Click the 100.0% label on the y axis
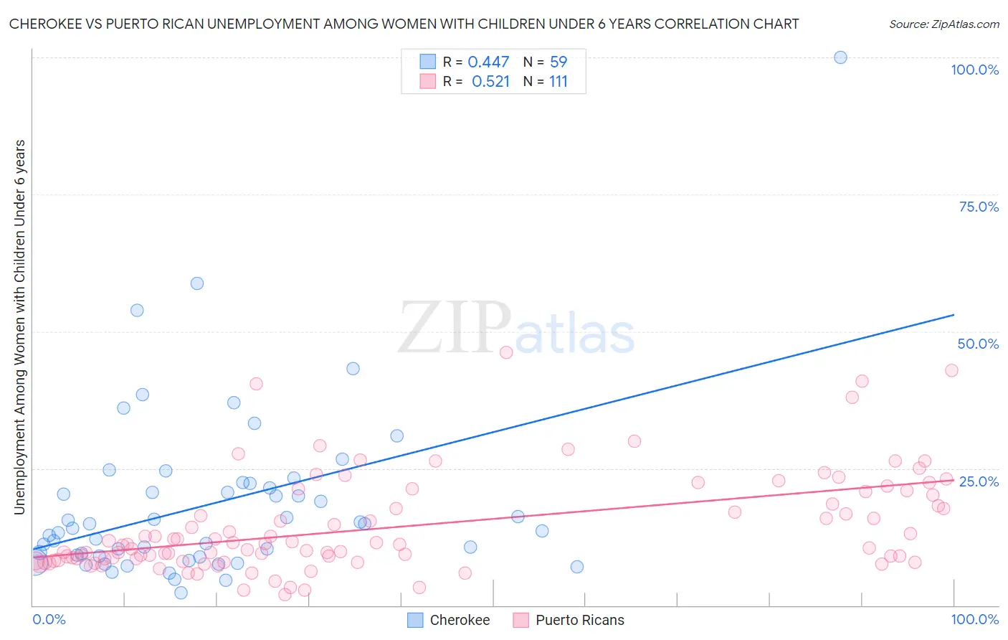pyautogui.click(x=974, y=70)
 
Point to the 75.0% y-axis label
pyautogui.click(x=979, y=207)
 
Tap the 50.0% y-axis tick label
pyautogui.click(x=978, y=344)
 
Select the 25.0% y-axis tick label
pyautogui.click(x=979, y=481)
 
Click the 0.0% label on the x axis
pyautogui.click(x=49, y=619)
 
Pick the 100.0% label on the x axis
pyautogui.click(x=974, y=619)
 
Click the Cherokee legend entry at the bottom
pyautogui.click(x=449, y=620)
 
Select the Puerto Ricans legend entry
pyautogui.click(x=569, y=620)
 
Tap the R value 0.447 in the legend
pyautogui.click(x=488, y=62)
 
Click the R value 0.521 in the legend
pyautogui.click(x=490, y=82)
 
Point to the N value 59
pyautogui.click(x=558, y=62)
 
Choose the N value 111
pyautogui.click(x=558, y=82)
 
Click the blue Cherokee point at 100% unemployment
pyautogui.click(x=840, y=57)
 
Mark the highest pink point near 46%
pyautogui.click(x=506, y=352)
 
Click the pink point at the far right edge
pyautogui.click(x=951, y=370)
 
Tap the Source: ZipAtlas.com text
pyautogui.click(x=943, y=24)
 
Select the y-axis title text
pyautogui.click(x=20, y=326)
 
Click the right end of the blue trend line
pyautogui.click(x=954, y=315)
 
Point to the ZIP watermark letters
pyautogui.click(x=455, y=329)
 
